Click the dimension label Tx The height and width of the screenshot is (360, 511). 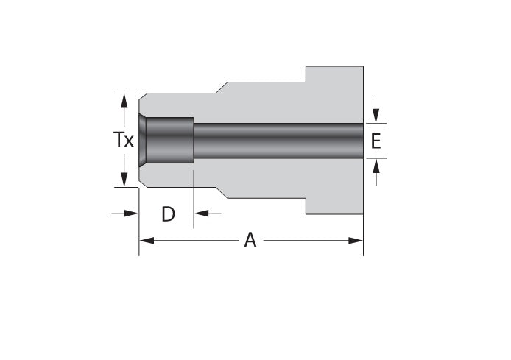click(124, 140)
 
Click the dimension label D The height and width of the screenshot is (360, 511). click(168, 214)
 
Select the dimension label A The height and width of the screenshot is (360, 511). click(250, 240)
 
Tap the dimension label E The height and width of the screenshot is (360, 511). click(376, 141)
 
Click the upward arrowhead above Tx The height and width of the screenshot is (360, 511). click(124, 101)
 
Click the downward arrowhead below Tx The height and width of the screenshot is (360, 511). click(124, 180)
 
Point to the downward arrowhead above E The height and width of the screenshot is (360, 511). click(376, 116)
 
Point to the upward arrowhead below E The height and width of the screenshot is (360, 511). click(376, 166)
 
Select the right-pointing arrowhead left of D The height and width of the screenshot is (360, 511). click(132, 213)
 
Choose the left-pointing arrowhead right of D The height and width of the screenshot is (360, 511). click(202, 213)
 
